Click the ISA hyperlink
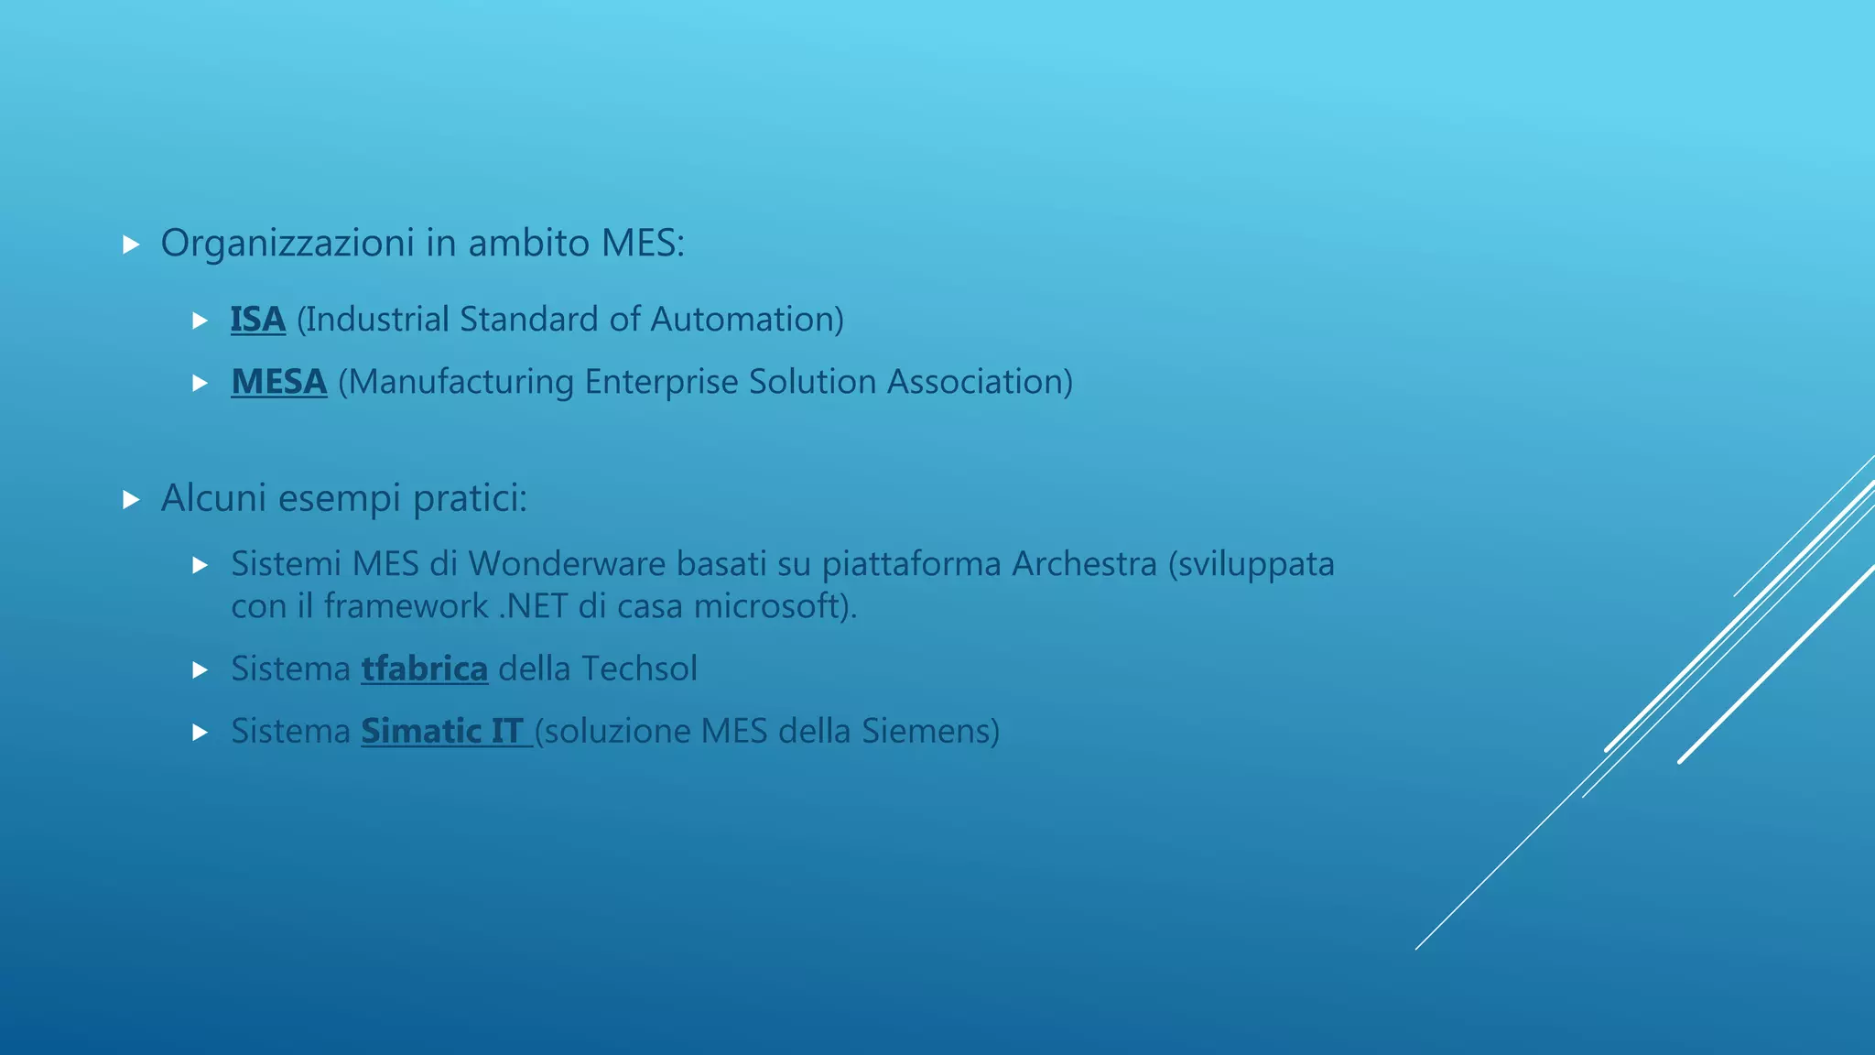tap(257, 320)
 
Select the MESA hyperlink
tap(278, 382)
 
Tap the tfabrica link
tap(424, 669)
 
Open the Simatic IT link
tap(444, 731)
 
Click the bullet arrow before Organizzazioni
tap(131, 245)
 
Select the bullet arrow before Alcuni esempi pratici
tap(131, 499)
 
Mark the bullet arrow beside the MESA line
tap(201, 384)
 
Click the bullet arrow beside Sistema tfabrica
tap(201, 670)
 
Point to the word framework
tap(406, 606)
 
